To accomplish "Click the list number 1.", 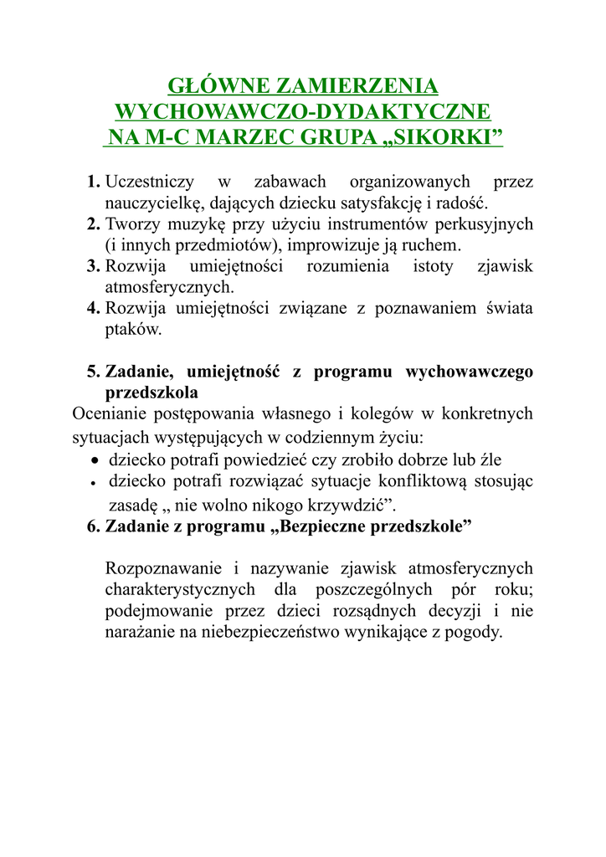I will coord(93,182).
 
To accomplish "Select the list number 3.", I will coord(93,266).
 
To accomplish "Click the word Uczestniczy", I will coord(151,182).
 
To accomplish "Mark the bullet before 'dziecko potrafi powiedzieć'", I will coord(96,461).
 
